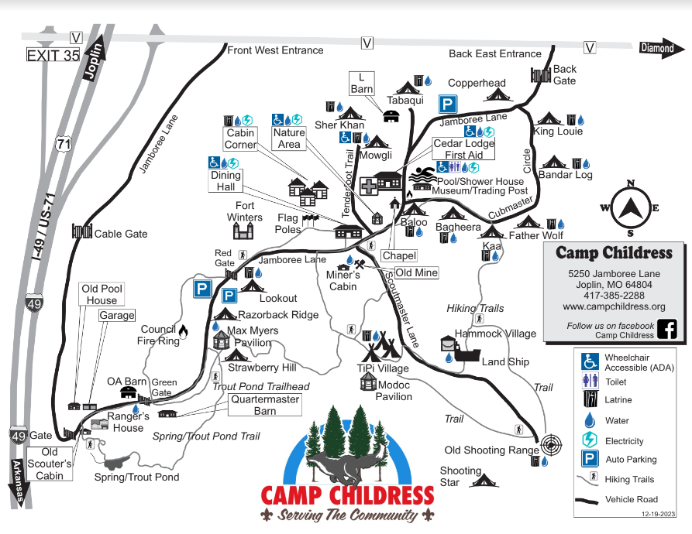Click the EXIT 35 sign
coord(53,55)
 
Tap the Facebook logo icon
coord(666,329)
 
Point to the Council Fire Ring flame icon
coord(183,331)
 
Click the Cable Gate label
coord(120,233)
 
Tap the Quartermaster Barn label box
coord(264,405)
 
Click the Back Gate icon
coord(540,75)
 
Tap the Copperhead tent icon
coord(496,94)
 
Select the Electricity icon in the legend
coord(590,440)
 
